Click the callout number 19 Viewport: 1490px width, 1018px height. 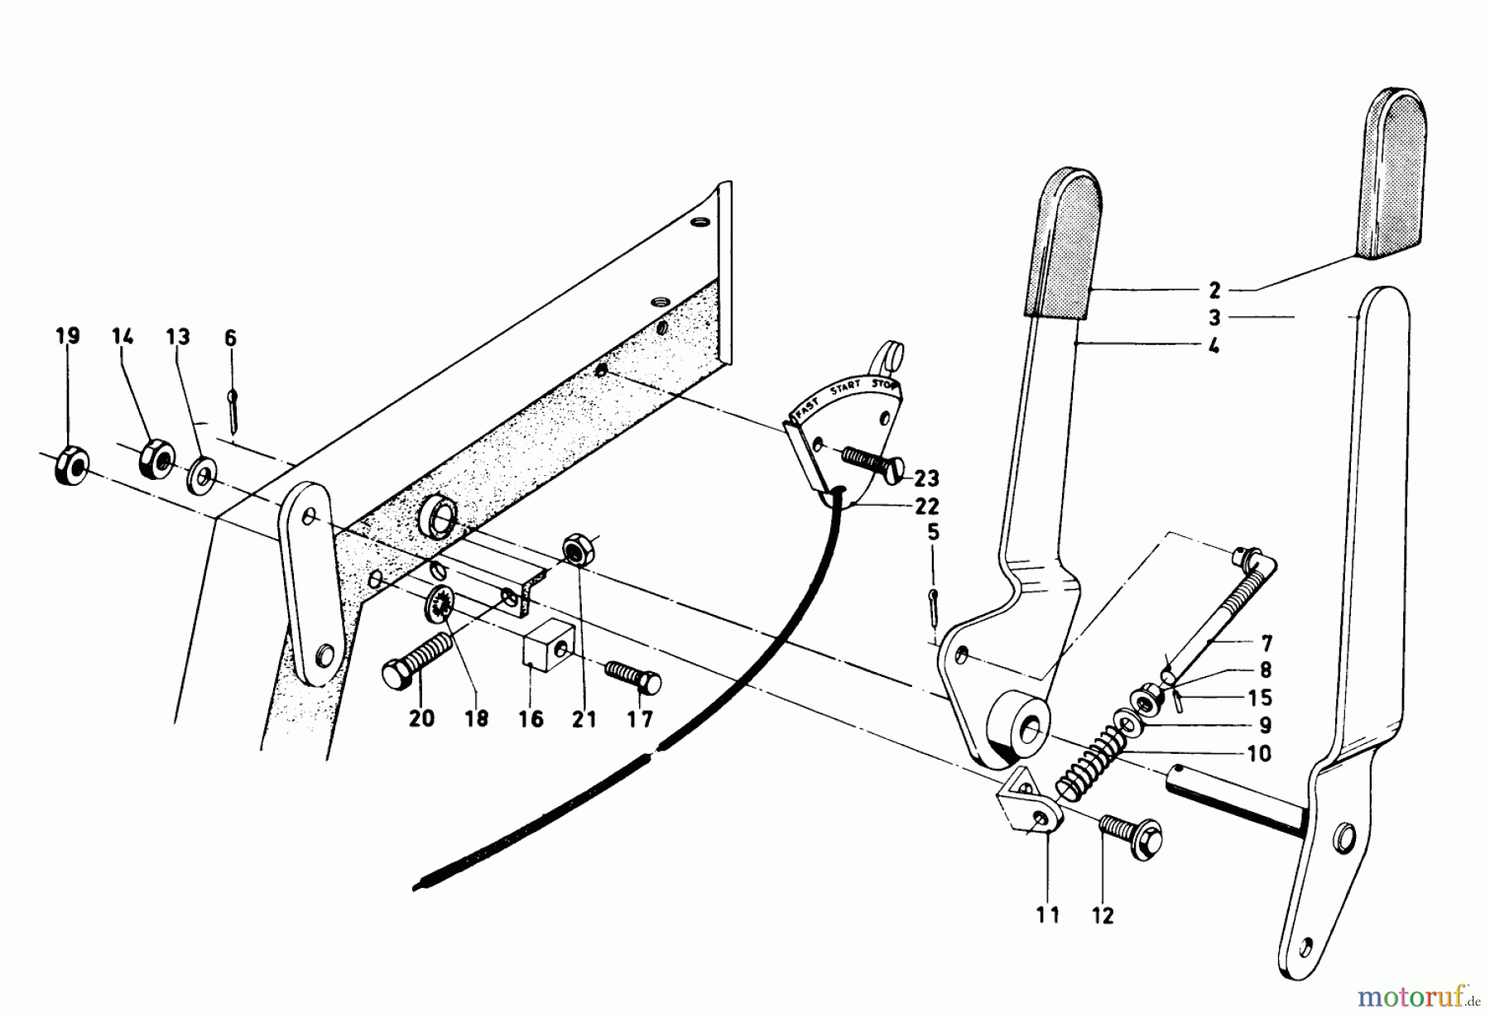[x=68, y=336]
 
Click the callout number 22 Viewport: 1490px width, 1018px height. [x=927, y=506]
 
